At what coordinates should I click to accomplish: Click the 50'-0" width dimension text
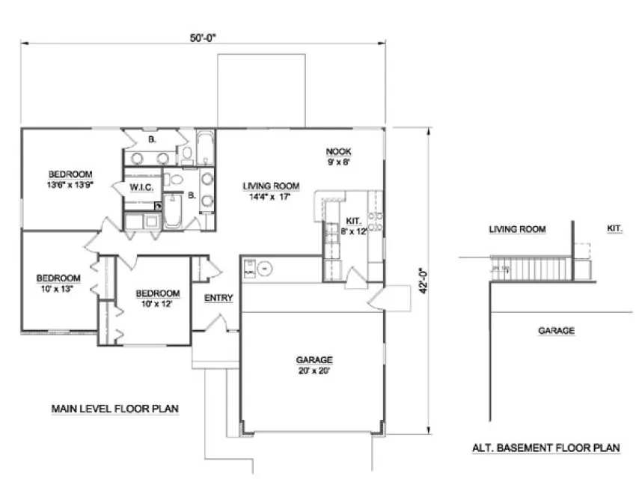click(x=203, y=34)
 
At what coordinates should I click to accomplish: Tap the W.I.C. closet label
click(x=141, y=186)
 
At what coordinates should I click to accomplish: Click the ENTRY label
click(x=218, y=298)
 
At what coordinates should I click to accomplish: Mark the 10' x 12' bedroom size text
click(x=157, y=304)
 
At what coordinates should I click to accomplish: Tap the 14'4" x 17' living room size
click(x=271, y=198)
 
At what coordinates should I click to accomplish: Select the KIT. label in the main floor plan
click(x=353, y=222)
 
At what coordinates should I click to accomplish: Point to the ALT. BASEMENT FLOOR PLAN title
click(x=545, y=448)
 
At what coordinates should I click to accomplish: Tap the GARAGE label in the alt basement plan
click(x=556, y=330)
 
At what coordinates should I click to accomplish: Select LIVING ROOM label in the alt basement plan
click(x=517, y=229)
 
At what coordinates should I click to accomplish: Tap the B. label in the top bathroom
click(x=152, y=139)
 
